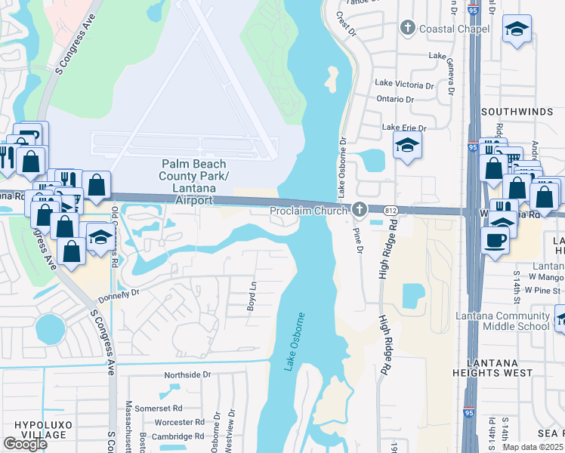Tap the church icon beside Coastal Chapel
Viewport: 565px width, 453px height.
pos(408,29)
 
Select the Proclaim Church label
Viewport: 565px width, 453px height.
pos(310,211)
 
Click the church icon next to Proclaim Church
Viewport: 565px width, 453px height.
pos(360,210)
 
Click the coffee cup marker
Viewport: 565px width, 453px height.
pos(496,239)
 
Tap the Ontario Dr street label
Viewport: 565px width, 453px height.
pos(394,99)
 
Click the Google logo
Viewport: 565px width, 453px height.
pos(26,444)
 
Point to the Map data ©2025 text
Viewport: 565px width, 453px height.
pos(532,447)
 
